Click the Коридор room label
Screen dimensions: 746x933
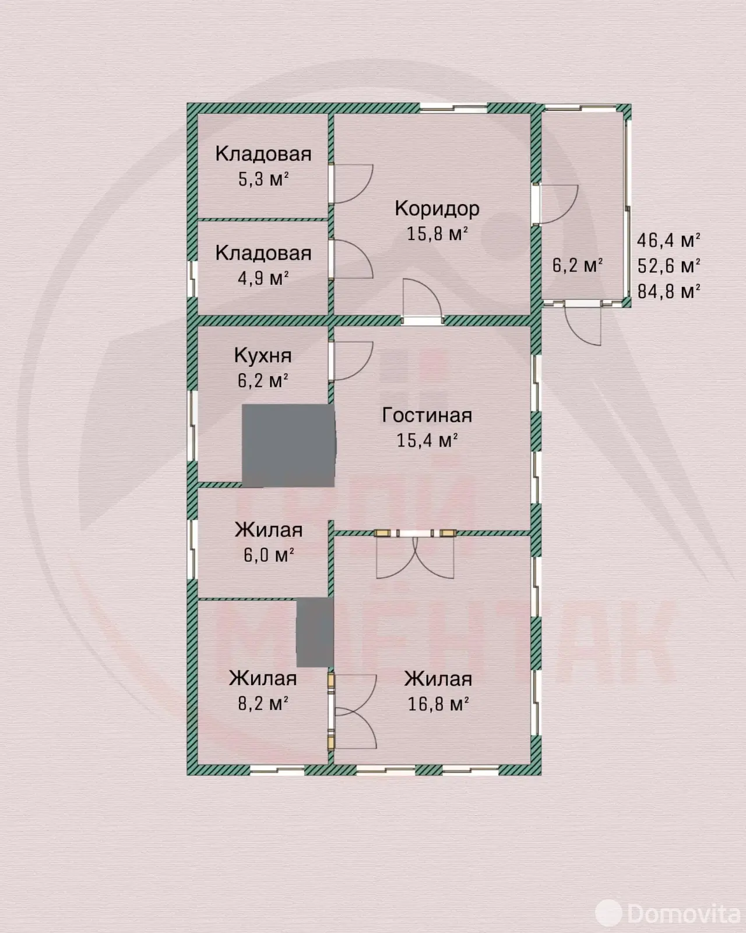click(437, 209)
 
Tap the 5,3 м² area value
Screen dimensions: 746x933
click(263, 178)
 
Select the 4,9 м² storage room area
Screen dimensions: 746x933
click(263, 278)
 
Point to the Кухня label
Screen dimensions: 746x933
click(263, 355)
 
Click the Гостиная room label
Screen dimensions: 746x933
click(427, 415)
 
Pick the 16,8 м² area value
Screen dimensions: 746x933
click(438, 703)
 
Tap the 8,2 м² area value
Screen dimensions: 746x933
click(263, 703)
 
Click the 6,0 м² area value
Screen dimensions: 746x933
click(269, 555)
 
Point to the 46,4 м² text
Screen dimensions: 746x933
click(669, 240)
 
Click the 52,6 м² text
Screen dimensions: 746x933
click(669, 265)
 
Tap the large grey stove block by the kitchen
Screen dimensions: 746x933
click(288, 446)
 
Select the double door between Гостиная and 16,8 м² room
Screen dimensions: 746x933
click(416, 554)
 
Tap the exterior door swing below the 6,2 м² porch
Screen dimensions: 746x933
click(583, 324)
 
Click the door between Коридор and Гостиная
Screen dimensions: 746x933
click(423, 301)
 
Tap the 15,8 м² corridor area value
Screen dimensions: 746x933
click(437, 233)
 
